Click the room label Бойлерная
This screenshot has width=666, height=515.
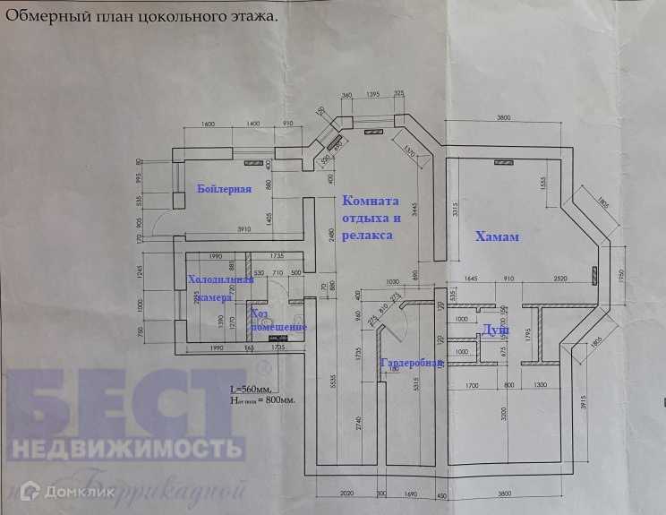click(x=224, y=189)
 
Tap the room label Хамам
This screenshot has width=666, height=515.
click(x=497, y=236)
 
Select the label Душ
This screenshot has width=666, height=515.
click(x=497, y=330)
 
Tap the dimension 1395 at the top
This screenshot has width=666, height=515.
click(x=372, y=93)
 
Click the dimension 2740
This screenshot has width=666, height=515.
click(x=357, y=421)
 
